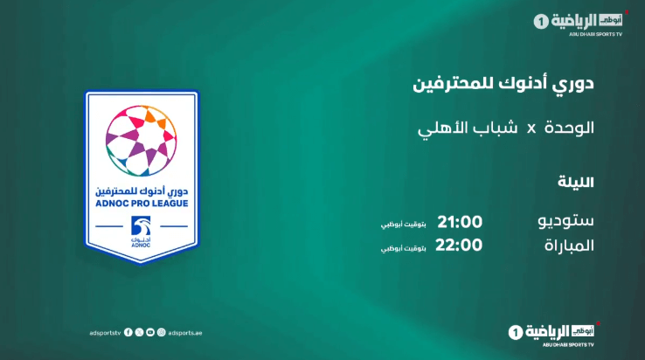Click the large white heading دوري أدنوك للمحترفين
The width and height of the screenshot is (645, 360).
click(503, 84)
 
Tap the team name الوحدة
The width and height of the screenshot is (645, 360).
click(569, 128)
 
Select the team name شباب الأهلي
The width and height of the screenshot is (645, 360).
click(468, 128)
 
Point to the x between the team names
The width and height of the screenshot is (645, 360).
click(532, 129)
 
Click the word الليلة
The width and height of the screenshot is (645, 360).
click(575, 182)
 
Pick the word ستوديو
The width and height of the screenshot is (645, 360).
click(565, 221)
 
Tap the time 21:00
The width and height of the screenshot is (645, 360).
click(460, 222)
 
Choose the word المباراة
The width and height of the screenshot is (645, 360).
click(569, 246)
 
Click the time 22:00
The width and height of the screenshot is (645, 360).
click(459, 246)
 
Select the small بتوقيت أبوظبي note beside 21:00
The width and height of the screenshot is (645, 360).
click(403, 225)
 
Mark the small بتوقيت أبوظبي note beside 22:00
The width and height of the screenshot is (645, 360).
click(403, 248)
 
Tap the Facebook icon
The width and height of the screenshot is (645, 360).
click(128, 332)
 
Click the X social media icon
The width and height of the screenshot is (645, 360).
click(140, 332)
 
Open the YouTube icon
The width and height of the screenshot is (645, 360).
click(150, 332)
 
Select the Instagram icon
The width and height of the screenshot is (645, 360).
click(161, 332)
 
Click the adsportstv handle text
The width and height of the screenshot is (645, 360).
click(105, 333)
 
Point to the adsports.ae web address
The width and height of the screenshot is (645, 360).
click(185, 333)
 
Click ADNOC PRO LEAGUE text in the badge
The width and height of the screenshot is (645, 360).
click(142, 204)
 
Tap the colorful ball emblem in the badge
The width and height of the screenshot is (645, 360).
click(141, 141)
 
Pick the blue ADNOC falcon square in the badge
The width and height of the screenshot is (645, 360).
click(141, 226)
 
